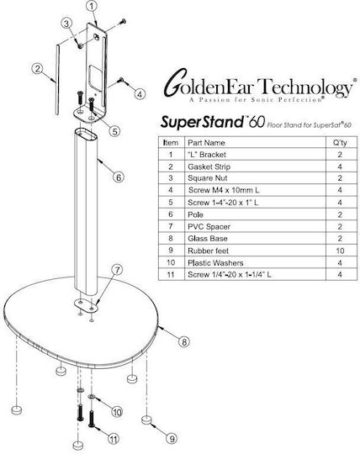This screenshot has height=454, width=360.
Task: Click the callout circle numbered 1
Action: [x=92, y=7]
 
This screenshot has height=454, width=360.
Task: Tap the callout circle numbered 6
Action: [x=119, y=177]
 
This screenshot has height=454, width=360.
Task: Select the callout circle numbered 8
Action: [x=184, y=342]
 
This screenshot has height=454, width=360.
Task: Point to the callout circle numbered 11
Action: [x=114, y=440]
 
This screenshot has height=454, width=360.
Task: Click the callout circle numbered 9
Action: [x=172, y=438]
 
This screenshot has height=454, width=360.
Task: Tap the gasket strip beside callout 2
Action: [x=58, y=79]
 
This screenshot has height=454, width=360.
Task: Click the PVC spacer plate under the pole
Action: [x=86, y=305]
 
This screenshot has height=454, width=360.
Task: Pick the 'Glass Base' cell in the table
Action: [x=208, y=239]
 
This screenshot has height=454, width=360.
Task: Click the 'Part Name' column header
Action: [x=206, y=142]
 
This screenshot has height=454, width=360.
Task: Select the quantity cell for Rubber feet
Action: [x=340, y=251]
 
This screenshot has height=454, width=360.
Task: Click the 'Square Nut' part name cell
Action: [x=208, y=178]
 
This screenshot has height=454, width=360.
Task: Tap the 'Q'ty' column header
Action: [x=340, y=142]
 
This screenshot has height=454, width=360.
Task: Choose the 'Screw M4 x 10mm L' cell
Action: [x=224, y=190]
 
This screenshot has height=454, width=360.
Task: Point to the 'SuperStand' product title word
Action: [x=203, y=122]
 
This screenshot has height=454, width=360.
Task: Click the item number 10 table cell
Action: [x=171, y=262]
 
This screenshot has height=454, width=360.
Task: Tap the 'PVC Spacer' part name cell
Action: [x=209, y=226]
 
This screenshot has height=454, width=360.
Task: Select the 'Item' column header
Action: [x=171, y=142]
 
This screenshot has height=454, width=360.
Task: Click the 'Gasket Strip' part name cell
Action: [x=209, y=166]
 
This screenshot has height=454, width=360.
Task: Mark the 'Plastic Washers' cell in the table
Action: [x=215, y=263]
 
